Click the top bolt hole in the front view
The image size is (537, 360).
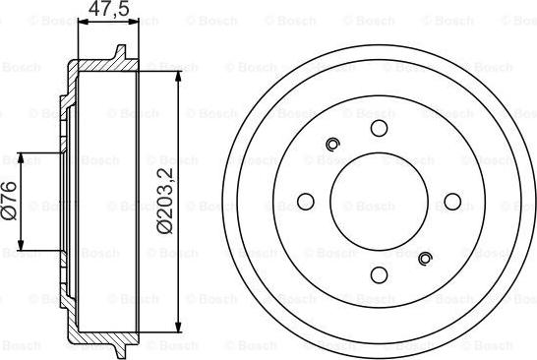pos(379,128)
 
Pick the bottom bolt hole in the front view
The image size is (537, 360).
pos(379,275)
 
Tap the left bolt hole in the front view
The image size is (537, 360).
pos(305,202)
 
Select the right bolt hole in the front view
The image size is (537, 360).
pos(452,202)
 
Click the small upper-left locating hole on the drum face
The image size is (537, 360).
pos(332,146)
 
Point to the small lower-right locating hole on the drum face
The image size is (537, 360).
pos(425,259)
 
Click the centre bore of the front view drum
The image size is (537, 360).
pos(379,202)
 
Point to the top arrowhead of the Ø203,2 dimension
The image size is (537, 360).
pos(177,77)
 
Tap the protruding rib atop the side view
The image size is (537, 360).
pos(121,52)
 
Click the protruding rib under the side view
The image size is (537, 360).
pos(121,351)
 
